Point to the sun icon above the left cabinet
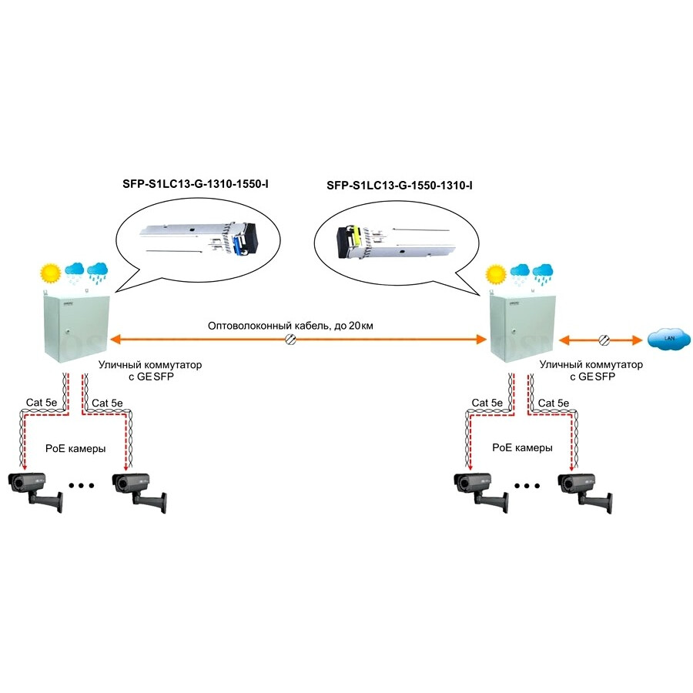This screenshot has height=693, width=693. point(51,272)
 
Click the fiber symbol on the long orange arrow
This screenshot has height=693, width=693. point(291,340)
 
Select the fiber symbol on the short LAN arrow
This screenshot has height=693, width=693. point(605,340)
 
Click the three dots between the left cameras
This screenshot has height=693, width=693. point(80,486)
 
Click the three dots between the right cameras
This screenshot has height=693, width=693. point(527,486)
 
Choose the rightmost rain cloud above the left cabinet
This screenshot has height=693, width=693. point(98,271)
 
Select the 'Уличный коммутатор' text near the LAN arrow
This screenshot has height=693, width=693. point(591,363)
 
